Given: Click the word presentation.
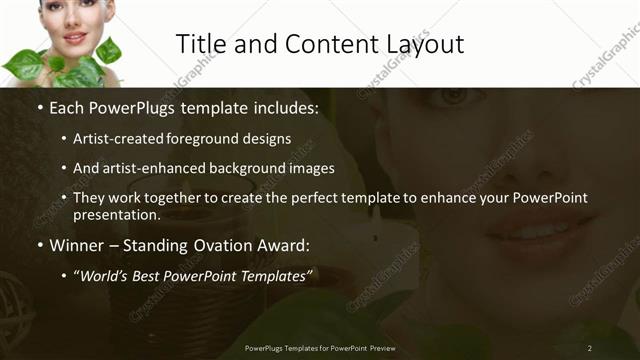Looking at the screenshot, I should [x=116, y=215].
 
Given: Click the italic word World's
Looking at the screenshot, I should [x=104, y=275].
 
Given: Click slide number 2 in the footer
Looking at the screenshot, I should [x=590, y=347].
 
